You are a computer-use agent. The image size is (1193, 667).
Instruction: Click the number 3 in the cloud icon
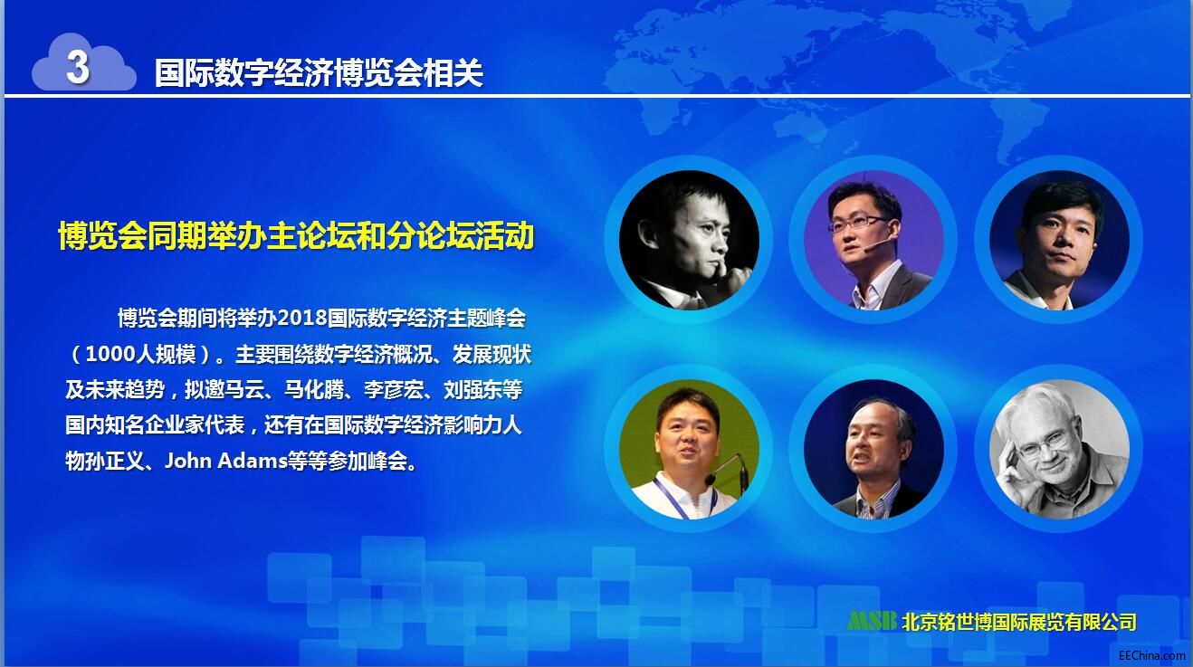(x=78, y=68)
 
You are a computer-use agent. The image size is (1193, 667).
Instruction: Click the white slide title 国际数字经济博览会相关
(x=319, y=72)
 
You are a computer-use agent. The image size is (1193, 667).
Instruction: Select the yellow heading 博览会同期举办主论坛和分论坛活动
(x=296, y=235)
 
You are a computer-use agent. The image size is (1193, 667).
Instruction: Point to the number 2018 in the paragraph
(x=302, y=318)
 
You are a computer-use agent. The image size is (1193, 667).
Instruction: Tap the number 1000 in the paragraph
(x=110, y=354)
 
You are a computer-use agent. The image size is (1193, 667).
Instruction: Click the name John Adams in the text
(x=225, y=461)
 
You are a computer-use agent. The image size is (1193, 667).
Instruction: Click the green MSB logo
(x=872, y=621)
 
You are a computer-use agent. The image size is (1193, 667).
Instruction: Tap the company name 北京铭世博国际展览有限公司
(x=1019, y=621)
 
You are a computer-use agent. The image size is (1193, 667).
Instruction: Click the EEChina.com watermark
(x=1152, y=655)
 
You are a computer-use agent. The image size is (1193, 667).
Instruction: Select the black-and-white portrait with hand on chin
(x=689, y=240)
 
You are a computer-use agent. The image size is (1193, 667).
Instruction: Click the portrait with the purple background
(x=873, y=240)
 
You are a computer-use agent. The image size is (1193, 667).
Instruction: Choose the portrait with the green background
(x=689, y=449)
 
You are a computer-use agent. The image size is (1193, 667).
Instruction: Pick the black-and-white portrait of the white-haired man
(x=1059, y=449)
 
